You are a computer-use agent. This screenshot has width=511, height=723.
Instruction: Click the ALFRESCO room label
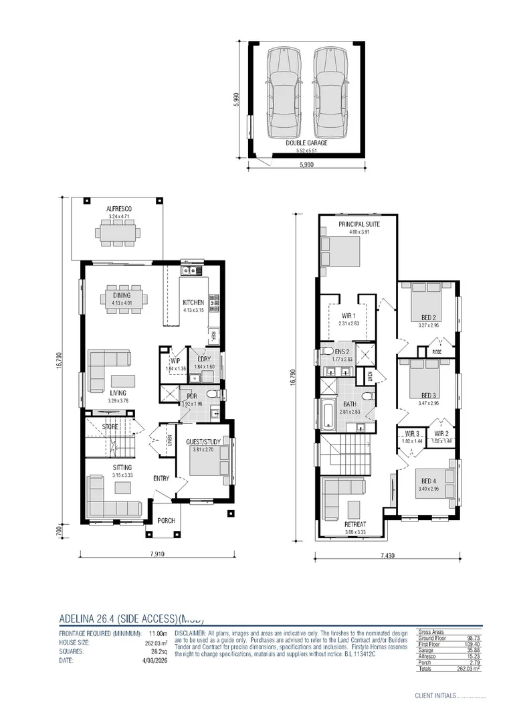(119, 210)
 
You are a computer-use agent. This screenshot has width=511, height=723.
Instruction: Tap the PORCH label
(165, 520)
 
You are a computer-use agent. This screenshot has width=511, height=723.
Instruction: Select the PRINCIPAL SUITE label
(359, 224)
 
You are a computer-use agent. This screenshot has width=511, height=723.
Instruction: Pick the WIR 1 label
(349, 315)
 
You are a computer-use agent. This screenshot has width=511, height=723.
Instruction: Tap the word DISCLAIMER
(191, 633)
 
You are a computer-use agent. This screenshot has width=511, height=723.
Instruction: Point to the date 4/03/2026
(153, 660)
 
